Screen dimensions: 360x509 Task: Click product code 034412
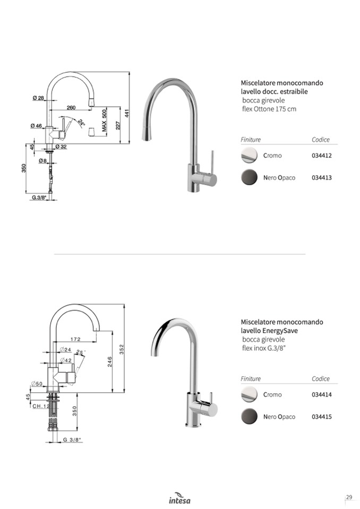coord(322,156)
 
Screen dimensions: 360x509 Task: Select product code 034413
coord(322,178)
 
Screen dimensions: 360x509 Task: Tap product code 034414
coord(322,395)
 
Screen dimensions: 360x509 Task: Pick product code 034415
coord(322,417)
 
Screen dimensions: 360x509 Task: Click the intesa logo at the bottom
coord(179,498)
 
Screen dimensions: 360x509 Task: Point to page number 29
coord(349,497)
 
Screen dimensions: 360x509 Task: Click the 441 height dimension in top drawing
coord(127,113)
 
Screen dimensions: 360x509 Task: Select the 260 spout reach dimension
coord(71,108)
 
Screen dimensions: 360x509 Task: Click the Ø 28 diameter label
coord(38,98)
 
